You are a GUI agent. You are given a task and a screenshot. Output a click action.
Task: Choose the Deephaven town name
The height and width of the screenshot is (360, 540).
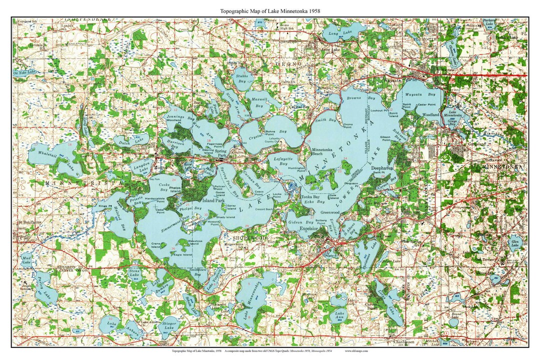click(x=382, y=168)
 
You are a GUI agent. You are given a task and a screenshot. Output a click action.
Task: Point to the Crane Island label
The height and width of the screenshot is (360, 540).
click(x=158, y=245)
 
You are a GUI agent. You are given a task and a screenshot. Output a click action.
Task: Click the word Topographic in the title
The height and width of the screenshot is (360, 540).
click(x=236, y=10)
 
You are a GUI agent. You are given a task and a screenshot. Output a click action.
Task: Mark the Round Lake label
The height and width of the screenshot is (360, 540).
click(x=455, y=315)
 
